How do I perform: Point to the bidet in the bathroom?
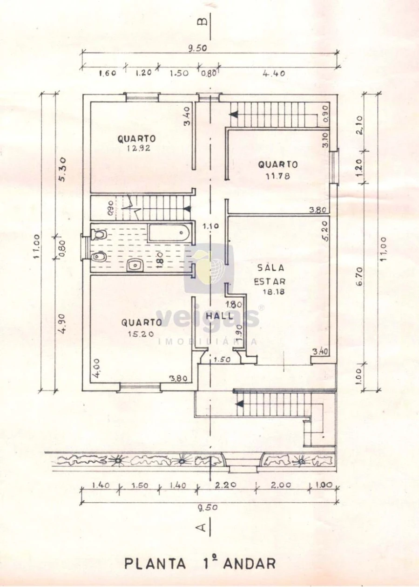[98, 257]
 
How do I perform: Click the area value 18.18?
[273, 292]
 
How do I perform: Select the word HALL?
[219, 315]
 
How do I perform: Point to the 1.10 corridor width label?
[211, 226]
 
